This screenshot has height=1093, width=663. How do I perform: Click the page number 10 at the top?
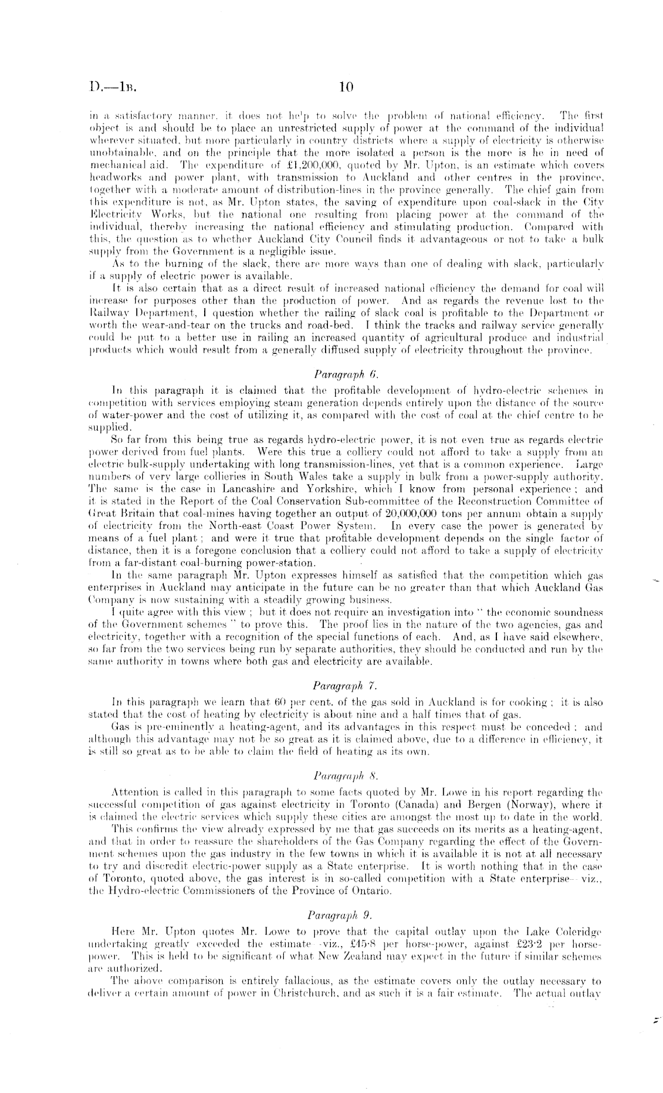(346, 88)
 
